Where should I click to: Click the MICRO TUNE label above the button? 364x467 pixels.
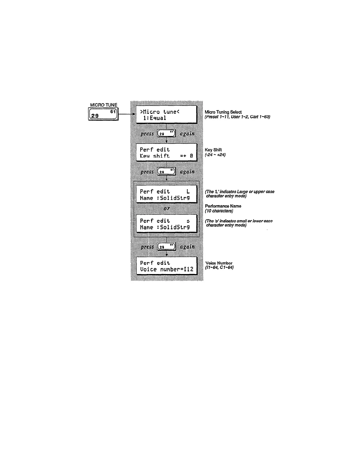[x=104, y=105]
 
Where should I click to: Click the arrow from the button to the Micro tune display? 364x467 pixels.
[x=127, y=114]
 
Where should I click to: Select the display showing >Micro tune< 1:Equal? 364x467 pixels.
[x=166, y=115]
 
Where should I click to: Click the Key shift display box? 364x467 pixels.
[x=166, y=152]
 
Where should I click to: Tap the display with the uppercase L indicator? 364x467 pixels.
[x=166, y=194]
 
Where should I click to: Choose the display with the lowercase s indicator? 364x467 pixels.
[x=166, y=224]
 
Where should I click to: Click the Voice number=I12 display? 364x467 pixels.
[x=167, y=266]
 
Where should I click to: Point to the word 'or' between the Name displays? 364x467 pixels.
[x=167, y=208]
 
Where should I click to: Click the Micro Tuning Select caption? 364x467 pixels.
[x=223, y=112]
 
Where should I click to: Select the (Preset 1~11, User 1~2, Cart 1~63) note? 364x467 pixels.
[x=237, y=117]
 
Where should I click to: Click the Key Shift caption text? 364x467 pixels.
[x=213, y=150]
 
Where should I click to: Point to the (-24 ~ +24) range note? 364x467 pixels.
[x=215, y=155]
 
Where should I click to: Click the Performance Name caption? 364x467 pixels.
[x=223, y=206]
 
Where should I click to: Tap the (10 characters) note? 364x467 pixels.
[x=219, y=211]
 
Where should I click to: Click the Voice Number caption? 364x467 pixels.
[x=219, y=263]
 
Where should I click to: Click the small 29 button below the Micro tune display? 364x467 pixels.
[x=166, y=133]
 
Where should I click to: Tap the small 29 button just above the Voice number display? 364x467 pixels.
[x=166, y=247]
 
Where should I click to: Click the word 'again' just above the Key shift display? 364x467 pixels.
[x=187, y=133]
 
